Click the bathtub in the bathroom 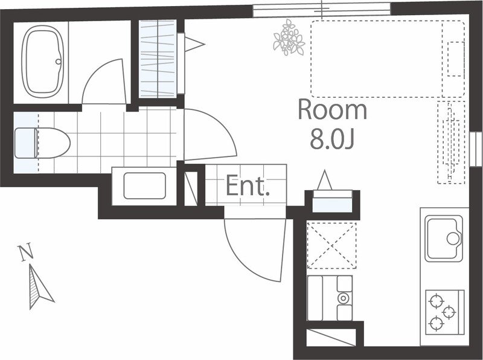[x=42, y=60]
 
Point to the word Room [x=332, y=110]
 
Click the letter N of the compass [x=25, y=252]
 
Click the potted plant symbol [x=289, y=37]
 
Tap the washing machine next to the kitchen [x=330, y=298]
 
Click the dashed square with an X [x=331, y=245]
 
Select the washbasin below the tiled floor [x=144, y=185]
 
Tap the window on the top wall [x=321, y=9]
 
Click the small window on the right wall [x=476, y=149]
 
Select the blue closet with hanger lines [x=158, y=59]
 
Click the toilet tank [x=25, y=143]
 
